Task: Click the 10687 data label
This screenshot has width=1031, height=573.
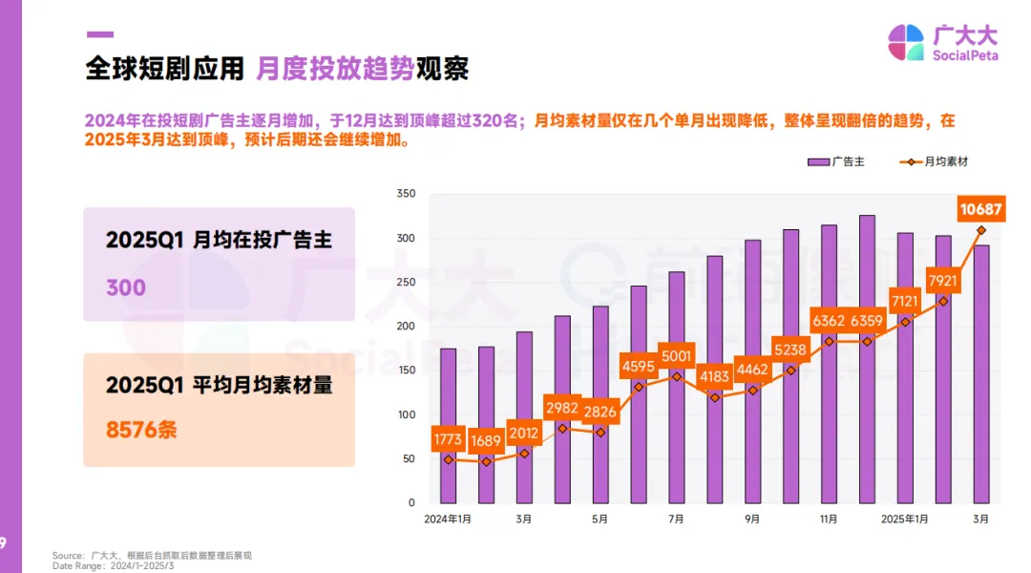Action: click(x=981, y=210)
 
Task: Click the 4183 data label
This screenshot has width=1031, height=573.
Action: click(x=714, y=376)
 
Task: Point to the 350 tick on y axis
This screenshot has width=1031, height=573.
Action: click(x=405, y=194)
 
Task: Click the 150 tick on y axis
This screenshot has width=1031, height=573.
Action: click(x=405, y=371)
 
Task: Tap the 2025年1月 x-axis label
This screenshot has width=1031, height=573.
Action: click(x=904, y=520)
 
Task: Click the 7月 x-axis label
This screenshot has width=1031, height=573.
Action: click(x=676, y=520)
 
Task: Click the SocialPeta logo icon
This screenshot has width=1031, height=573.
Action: click(x=906, y=43)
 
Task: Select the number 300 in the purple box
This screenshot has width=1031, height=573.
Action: click(x=126, y=287)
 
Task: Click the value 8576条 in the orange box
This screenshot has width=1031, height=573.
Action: click(x=141, y=430)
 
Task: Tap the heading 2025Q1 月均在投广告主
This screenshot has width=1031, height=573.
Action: click(x=219, y=241)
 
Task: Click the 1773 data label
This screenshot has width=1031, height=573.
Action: click(x=448, y=440)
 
